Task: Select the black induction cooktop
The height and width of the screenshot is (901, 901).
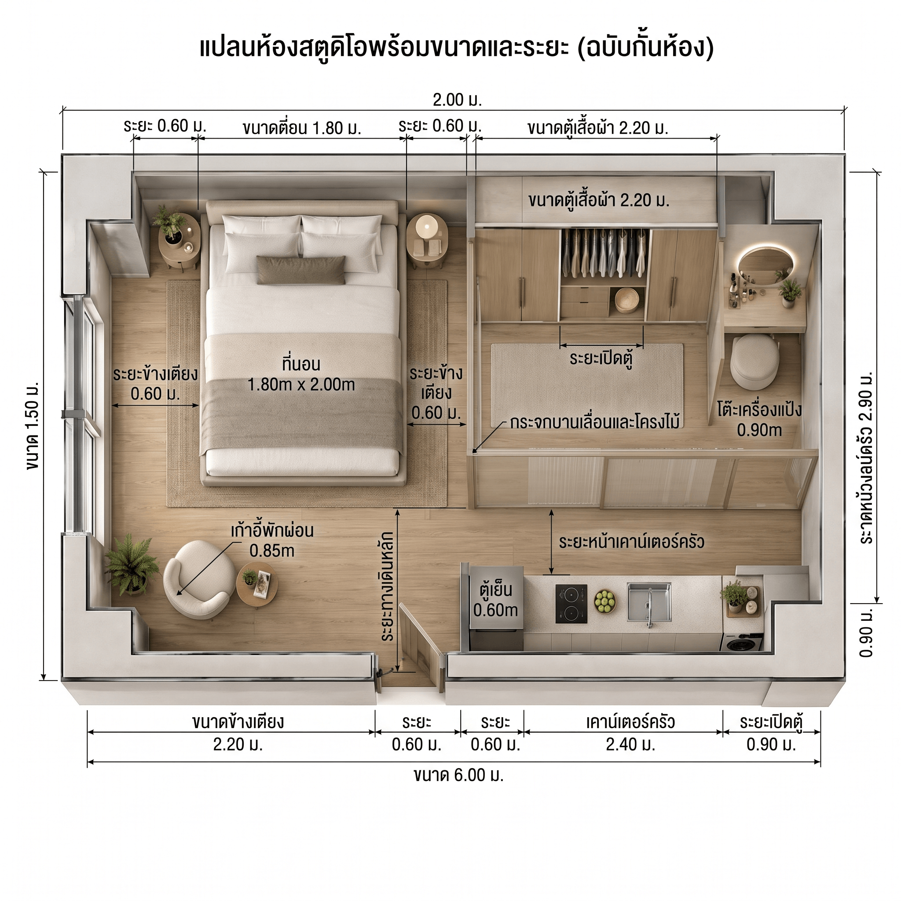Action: click(x=571, y=604)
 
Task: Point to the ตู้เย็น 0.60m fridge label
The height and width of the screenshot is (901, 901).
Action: click(x=496, y=600)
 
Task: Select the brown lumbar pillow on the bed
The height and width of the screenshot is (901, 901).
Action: click(x=301, y=270)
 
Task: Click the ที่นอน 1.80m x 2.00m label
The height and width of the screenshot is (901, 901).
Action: click(x=301, y=374)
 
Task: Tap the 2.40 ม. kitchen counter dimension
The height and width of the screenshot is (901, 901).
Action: click(x=630, y=745)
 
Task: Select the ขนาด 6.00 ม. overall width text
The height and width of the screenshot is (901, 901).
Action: click(x=459, y=775)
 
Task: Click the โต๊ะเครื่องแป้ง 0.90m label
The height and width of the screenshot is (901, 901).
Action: click(x=759, y=420)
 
